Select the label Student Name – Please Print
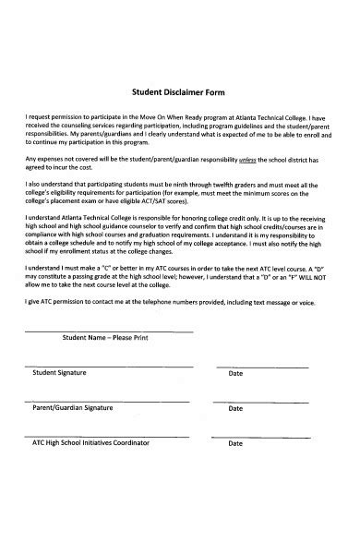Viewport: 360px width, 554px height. pos(106,339)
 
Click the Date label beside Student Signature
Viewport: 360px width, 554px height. pos(235,373)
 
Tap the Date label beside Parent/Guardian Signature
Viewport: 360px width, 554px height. pos(235,407)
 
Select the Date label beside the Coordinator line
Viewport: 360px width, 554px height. pos(235,443)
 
